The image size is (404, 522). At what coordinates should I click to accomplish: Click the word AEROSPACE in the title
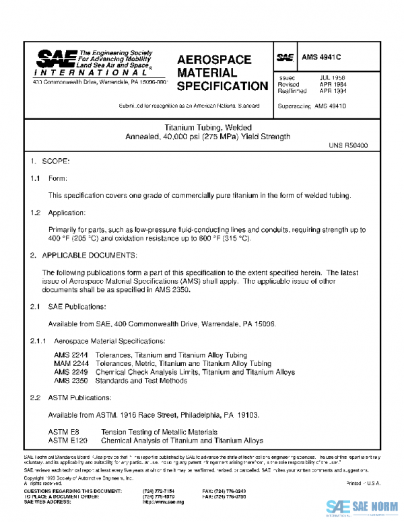214,60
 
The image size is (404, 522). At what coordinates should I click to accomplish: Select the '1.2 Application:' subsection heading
61,213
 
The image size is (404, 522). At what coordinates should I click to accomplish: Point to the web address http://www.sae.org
163,502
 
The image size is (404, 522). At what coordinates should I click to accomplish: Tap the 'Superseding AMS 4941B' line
312,107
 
